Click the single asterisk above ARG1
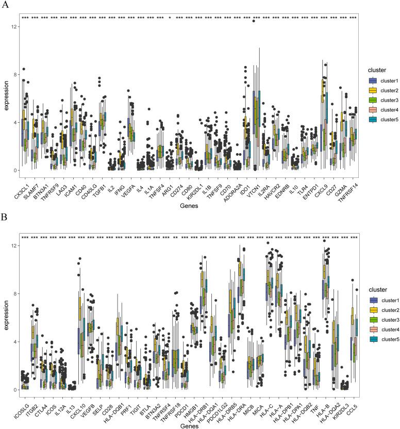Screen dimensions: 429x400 click(x=170, y=18)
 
